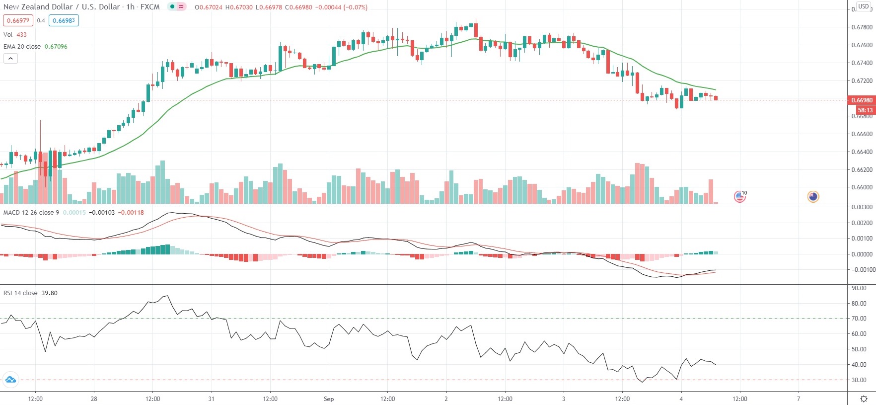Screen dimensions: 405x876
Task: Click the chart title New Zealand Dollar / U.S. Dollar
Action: click(62, 7)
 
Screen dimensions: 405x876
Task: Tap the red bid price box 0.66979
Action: click(18, 20)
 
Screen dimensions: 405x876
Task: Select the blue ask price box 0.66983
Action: click(64, 20)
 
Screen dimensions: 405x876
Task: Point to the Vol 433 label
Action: click(15, 34)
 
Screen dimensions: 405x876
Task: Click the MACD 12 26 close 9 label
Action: click(31, 212)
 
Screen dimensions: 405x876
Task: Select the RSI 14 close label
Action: click(20, 293)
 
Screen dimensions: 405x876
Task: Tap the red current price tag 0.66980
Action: click(862, 100)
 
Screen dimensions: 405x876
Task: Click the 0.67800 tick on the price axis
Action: click(862, 27)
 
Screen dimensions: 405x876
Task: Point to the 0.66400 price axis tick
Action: click(862, 152)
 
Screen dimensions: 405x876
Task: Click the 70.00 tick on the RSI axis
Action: click(859, 319)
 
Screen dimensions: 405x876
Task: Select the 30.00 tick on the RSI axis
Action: click(859, 380)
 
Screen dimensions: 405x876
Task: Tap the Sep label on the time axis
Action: click(329, 399)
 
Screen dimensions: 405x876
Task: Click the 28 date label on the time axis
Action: click(94, 399)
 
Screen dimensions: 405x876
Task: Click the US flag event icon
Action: click(739, 197)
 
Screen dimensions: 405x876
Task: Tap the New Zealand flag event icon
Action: click(813, 197)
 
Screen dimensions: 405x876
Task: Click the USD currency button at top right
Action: click(864, 6)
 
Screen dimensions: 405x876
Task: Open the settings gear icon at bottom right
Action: click(864, 399)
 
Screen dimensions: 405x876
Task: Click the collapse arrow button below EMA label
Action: click(10, 59)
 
